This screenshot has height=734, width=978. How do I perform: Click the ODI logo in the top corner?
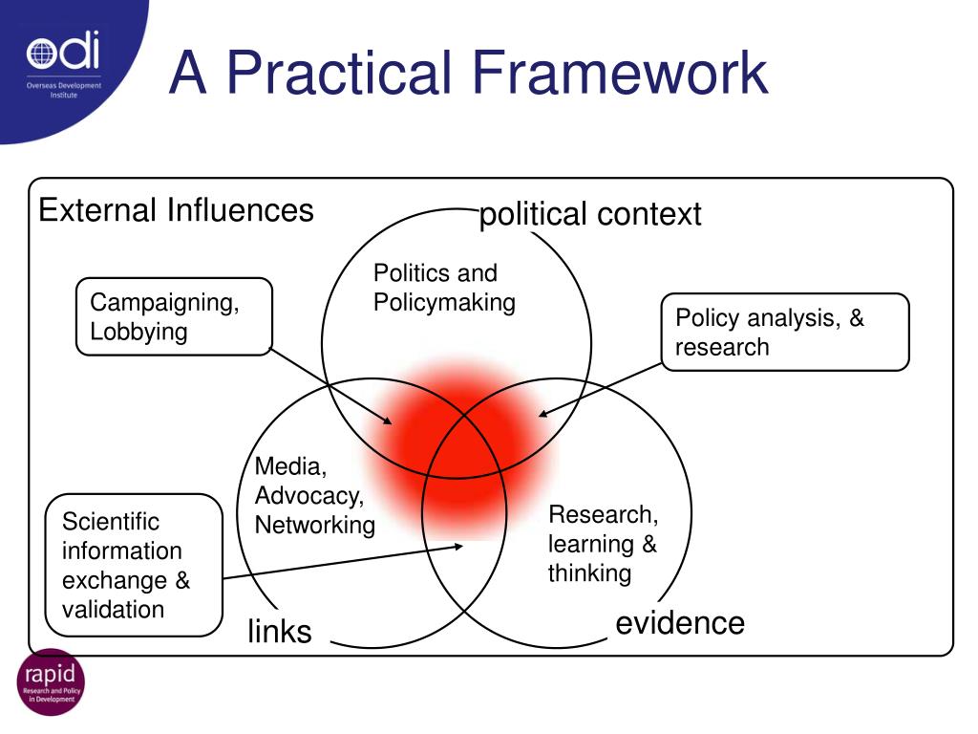63,67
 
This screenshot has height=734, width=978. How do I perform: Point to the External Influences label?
176,209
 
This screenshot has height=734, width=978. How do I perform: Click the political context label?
590,214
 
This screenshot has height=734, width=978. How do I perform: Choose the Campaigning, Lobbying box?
174,316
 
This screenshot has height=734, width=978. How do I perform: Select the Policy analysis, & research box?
785,332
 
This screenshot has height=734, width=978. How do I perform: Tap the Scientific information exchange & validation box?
135,565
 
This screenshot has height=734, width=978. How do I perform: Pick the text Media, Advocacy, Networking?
314,495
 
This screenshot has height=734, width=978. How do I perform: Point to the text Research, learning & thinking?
603,543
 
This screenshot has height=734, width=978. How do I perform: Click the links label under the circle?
280,631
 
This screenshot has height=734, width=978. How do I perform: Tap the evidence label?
680,623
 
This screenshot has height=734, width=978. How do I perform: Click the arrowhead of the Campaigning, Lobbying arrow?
389,421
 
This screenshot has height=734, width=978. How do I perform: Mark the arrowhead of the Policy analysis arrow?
542,415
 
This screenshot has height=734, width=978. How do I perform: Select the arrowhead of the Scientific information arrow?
459,546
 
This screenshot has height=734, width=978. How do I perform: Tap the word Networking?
314,525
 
